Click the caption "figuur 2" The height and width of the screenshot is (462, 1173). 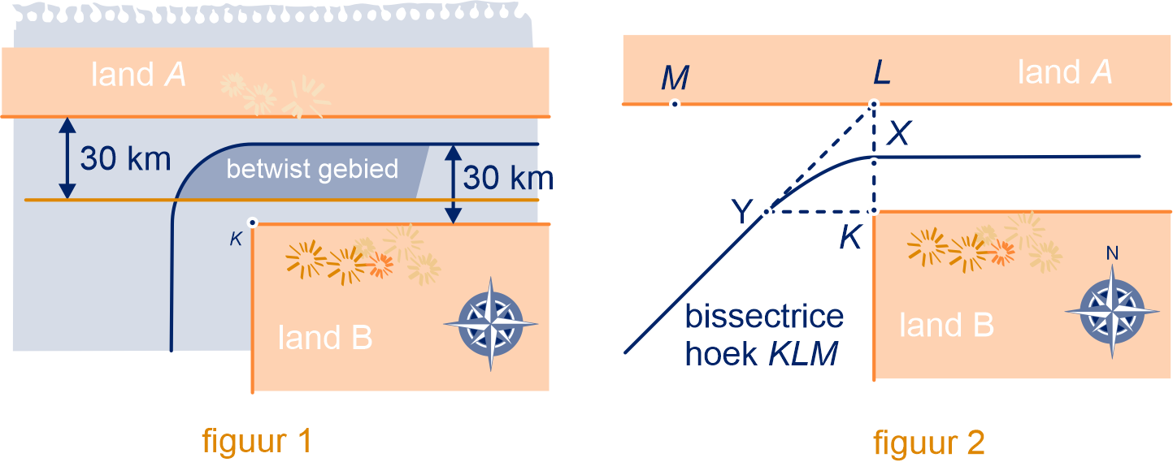[929, 443]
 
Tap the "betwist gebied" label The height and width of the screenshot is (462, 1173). [312, 170]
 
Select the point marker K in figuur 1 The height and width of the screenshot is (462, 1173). [253, 222]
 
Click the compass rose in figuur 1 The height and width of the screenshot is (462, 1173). [491, 324]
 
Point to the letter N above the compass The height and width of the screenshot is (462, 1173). [1112, 254]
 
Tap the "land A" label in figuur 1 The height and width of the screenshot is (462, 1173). [139, 76]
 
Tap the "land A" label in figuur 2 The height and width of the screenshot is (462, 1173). [1065, 73]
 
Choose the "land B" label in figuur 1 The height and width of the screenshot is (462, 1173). [325, 337]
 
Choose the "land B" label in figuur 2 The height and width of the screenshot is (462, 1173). [946, 326]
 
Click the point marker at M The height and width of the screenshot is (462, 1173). [674, 104]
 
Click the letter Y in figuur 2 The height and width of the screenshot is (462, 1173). [741, 213]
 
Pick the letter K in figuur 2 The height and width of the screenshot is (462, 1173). [850, 238]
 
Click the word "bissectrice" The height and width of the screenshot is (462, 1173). [763, 317]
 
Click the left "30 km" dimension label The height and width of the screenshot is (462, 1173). [125, 159]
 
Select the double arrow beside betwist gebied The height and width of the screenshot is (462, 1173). [453, 184]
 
